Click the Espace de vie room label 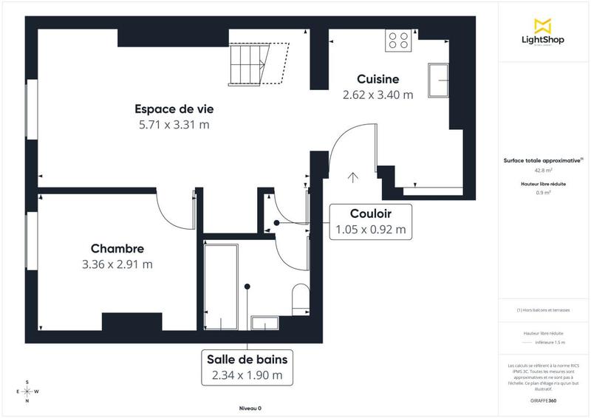[x=174, y=109]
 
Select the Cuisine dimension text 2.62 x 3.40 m [x=378, y=95]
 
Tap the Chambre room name [x=117, y=248]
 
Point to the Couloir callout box [x=370, y=222]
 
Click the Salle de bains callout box [x=247, y=367]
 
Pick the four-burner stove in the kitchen [x=399, y=40]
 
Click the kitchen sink [x=440, y=80]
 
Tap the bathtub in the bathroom [x=221, y=285]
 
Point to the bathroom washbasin [x=264, y=322]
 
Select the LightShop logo [x=544, y=32]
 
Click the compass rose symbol [x=27, y=391]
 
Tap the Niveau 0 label [x=250, y=408]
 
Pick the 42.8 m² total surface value [x=544, y=170]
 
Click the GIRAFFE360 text [x=544, y=399]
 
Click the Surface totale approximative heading [x=542, y=160]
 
